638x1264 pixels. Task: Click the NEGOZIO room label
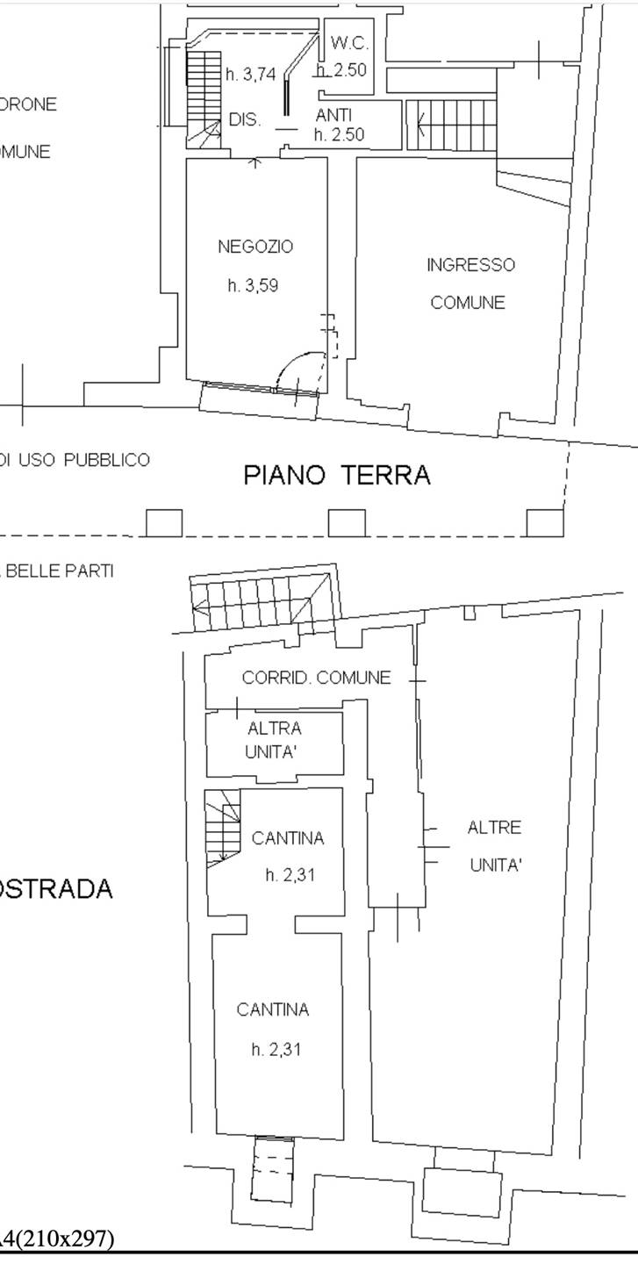[x=255, y=248]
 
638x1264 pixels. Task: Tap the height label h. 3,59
[x=253, y=285]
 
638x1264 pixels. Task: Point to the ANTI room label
[x=333, y=115]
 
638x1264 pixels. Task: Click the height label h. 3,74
[x=251, y=75]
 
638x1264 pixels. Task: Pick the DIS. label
[x=245, y=120]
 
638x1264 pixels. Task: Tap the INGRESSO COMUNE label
[x=470, y=284]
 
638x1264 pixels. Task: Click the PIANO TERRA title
[x=337, y=476]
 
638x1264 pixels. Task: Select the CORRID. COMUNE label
[x=316, y=678]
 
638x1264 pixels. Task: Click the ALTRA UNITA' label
[x=274, y=740]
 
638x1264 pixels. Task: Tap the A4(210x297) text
[x=57, y=1239]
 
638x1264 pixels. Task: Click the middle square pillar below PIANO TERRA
[x=347, y=523]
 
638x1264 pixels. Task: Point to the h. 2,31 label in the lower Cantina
[x=276, y=1049]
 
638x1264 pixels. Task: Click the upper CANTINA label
[x=288, y=838]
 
